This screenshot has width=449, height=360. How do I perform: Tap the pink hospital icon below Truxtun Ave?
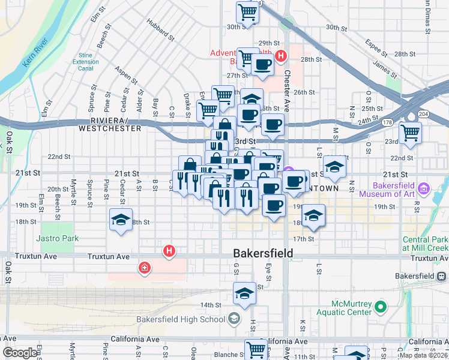tap(144, 268)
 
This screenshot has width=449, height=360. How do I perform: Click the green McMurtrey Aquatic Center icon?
tap(380, 308)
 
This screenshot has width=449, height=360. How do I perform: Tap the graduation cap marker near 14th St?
tap(244, 294)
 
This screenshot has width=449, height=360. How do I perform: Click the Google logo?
tap(20, 353)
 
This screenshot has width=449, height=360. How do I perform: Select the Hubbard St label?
tap(161, 30)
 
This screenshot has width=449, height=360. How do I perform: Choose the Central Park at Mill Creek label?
tap(425, 244)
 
